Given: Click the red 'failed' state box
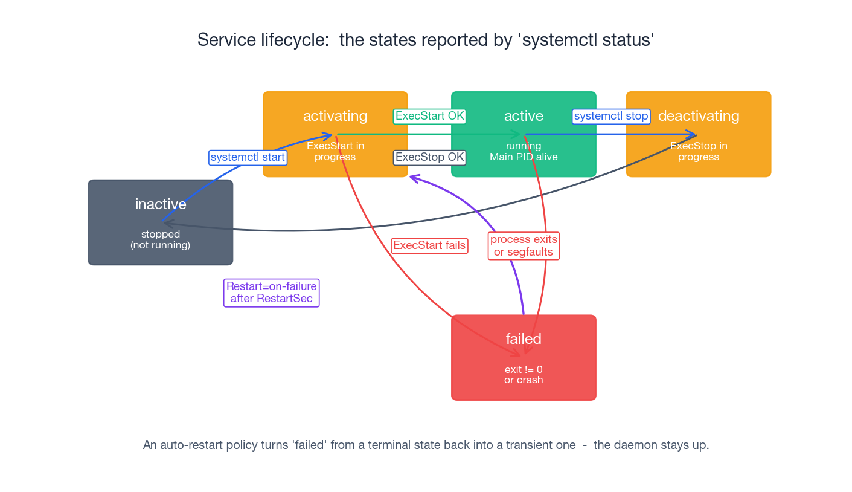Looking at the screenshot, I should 524,357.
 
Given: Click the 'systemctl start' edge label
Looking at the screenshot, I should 248,158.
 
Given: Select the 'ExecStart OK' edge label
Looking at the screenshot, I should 429,116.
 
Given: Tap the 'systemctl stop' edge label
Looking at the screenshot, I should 611,116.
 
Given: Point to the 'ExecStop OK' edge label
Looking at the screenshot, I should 429,158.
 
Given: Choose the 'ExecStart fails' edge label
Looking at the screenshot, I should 429,245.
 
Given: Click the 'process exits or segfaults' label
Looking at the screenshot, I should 524,246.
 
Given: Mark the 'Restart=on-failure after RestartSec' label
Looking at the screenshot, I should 271,293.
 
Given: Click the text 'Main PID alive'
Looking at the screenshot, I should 524,157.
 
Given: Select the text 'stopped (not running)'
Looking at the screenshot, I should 160,240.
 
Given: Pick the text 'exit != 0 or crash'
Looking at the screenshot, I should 524,375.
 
